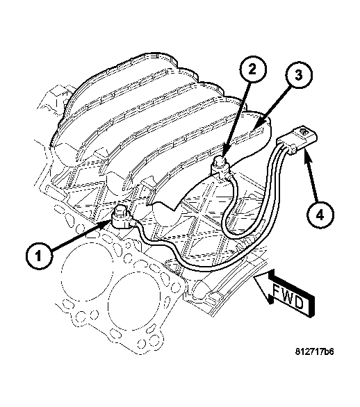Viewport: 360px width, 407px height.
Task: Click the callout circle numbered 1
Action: click(39, 256)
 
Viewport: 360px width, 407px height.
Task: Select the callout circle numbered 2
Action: click(252, 69)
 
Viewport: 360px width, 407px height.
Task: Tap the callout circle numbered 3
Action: click(299, 75)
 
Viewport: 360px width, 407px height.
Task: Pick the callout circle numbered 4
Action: click(320, 215)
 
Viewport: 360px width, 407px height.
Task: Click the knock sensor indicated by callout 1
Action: click(122, 218)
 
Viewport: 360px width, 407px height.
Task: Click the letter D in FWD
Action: click(300, 303)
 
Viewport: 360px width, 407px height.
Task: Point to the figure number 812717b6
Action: click(314, 351)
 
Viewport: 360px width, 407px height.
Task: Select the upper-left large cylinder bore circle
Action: click(87, 272)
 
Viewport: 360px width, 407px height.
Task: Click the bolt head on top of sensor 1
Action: click(121, 210)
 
